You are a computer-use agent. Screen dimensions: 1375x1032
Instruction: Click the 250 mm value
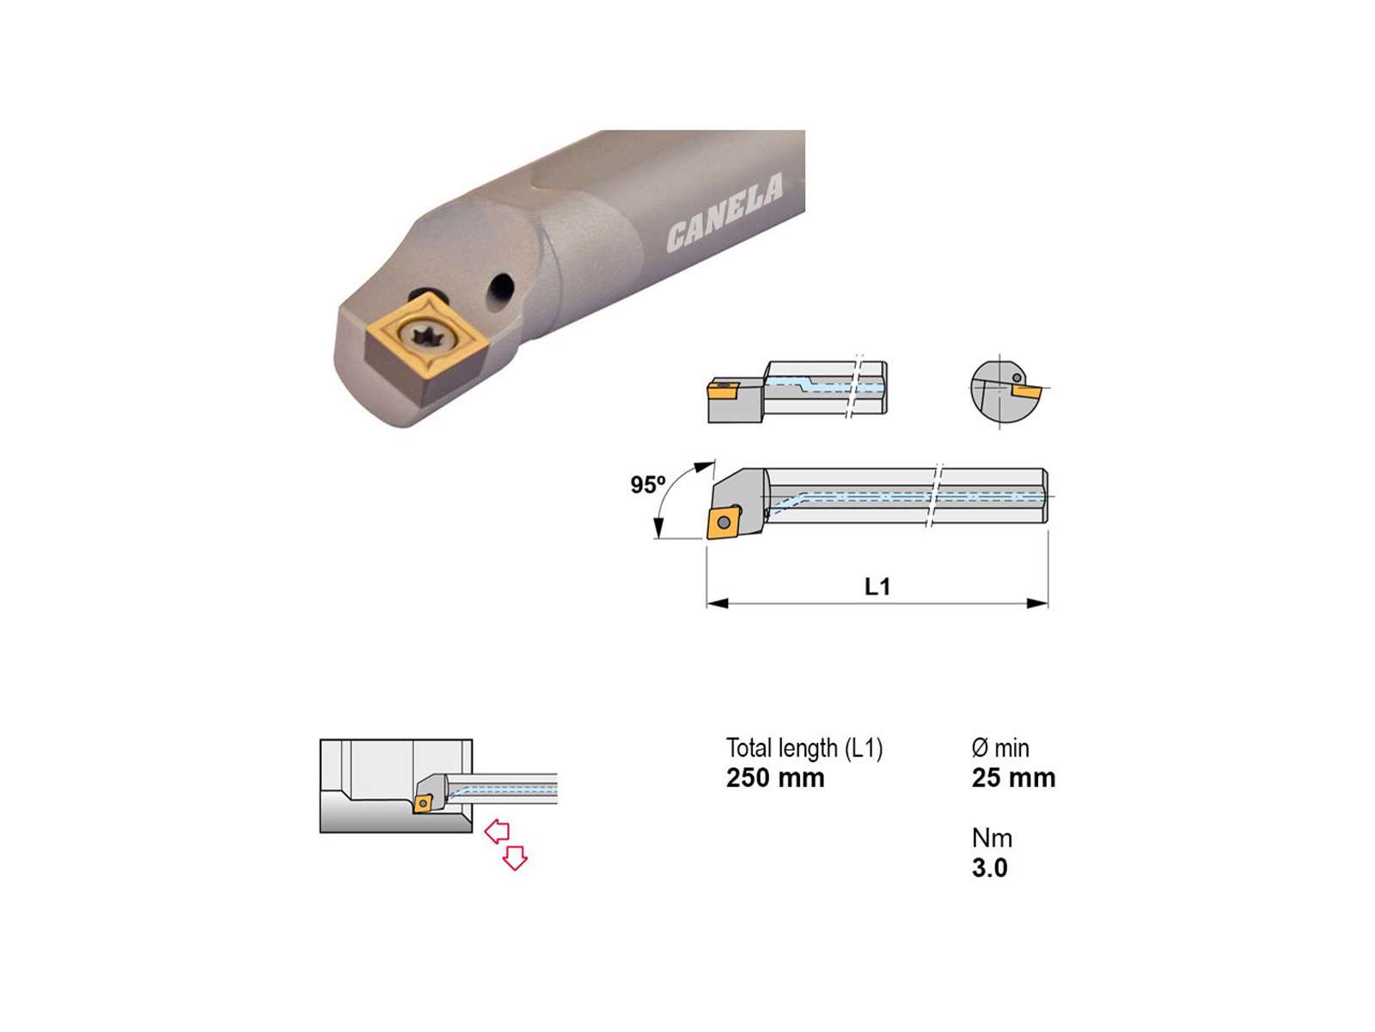tap(775, 778)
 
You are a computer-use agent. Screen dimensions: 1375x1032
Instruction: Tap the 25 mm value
tap(1013, 778)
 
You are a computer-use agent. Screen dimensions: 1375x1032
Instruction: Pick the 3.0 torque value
tap(990, 868)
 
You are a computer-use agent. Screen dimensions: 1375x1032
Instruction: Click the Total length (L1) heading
tap(804, 748)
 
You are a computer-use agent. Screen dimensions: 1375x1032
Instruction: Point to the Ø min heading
tap(1000, 748)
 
